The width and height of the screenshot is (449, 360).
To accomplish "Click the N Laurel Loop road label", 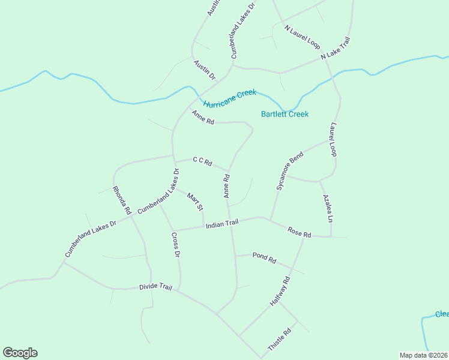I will click(x=303, y=37).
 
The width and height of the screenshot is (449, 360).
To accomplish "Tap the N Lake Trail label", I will click(x=335, y=48).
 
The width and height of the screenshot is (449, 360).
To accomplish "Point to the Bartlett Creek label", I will click(x=285, y=114).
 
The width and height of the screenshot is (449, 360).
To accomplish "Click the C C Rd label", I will click(x=202, y=161).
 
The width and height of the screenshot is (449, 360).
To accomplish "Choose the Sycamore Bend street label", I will click(x=290, y=171).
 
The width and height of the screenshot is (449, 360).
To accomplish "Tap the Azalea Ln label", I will click(x=327, y=209).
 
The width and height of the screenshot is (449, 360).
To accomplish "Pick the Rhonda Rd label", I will click(x=121, y=200).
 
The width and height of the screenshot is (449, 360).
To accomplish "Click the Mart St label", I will click(x=195, y=202).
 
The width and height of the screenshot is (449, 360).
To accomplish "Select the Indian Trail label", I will click(x=222, y=224).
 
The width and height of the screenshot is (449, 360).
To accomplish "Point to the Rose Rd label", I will click(x=299, y=232).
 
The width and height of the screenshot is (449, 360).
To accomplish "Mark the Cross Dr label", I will click(x=176, y=245).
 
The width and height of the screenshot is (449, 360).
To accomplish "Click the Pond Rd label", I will click(x=264, y=259).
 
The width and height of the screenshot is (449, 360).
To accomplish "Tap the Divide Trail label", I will click(x=155, y=287).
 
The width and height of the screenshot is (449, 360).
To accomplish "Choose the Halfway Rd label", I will click(x=280, y=292).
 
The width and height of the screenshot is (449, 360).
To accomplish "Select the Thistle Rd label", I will click(x=280, y=340).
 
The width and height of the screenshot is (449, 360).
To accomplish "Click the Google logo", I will click(x=20, y=353).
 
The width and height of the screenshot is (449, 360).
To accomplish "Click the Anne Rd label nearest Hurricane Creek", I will click(x=203, y=117).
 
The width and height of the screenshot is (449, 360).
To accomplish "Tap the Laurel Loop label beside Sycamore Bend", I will click(x=333, y=140).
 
